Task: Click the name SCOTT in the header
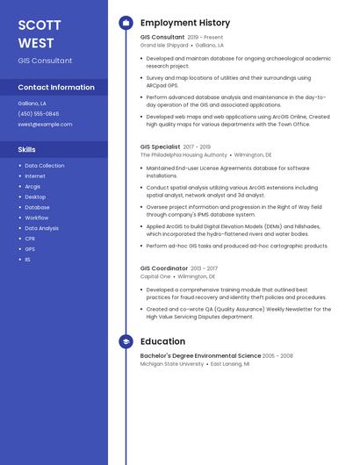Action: point(40,25)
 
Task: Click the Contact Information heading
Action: point(56,87)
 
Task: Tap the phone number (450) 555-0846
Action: point(39,113)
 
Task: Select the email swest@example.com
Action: point(45,124)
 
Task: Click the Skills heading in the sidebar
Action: point(27,149)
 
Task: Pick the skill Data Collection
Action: point(44,165)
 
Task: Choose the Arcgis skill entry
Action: point(32,186)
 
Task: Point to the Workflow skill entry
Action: point(37,218)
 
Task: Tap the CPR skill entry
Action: point(30,239)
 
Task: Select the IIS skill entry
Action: point(27,260)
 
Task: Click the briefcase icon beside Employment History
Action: point(126,23)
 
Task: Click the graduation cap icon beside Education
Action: point(126,341)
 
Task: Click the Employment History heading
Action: point(185,23)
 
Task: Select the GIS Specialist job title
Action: point(160,147)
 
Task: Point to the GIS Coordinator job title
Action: point(164,268)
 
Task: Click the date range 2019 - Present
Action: point(205,38)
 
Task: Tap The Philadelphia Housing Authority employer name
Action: point(184,154)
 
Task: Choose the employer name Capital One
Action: point(155,276)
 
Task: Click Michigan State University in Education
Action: point(172,363)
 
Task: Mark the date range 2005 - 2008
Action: point(277,356)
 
